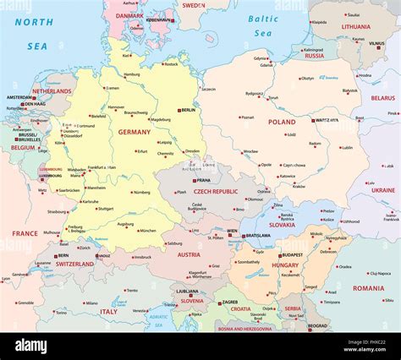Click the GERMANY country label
tap(134, 132)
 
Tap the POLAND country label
tap(282, 122)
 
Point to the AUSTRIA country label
tap(189, 254)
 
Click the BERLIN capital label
tap(188, 110)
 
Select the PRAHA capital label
tap(203, 180)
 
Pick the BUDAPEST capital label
tap(292, 254)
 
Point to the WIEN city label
tap(232, 231)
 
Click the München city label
tap(147, 231)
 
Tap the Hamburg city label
tap(131, 74)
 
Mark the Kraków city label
tap(299, 187)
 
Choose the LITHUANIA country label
tap(355, 26)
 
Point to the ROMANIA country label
tap(368, 288)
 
